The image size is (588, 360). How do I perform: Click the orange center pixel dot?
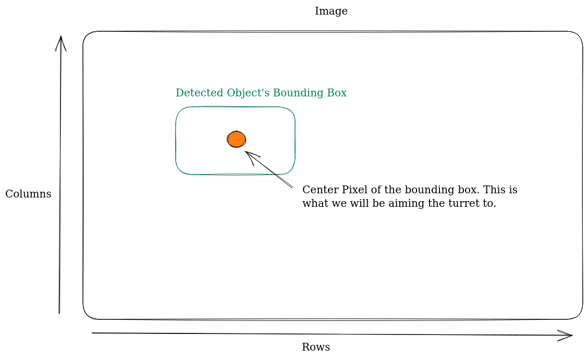pos(236,139)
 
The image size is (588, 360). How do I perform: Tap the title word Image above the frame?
pos(331,11)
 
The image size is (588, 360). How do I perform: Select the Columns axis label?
pos(28,194)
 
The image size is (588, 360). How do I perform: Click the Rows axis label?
pos(316,347)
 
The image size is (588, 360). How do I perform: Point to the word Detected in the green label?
pos(194,93)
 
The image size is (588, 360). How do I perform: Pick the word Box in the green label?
pos(336,93)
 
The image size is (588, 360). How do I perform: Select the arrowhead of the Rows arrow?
pos(570,336)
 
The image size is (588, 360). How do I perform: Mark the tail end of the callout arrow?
pos(292,187)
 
